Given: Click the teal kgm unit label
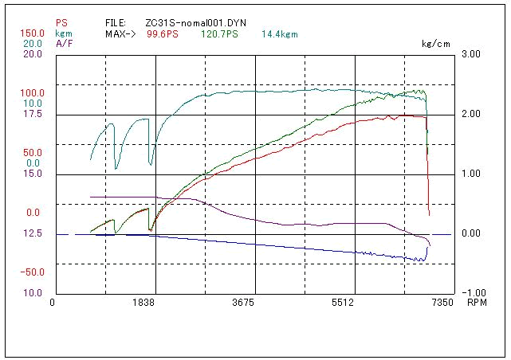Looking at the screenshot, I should pos(64,33).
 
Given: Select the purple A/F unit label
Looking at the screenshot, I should pos(64,43).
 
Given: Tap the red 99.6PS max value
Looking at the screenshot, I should pos(163,35).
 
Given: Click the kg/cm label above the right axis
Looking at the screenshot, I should pos(435,44).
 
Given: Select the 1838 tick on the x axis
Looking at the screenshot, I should pos(144,303).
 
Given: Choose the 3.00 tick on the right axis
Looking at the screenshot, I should pos(471,54).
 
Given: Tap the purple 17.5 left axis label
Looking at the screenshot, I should pos(33,114).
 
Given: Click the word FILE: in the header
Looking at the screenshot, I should pos(116,24).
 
